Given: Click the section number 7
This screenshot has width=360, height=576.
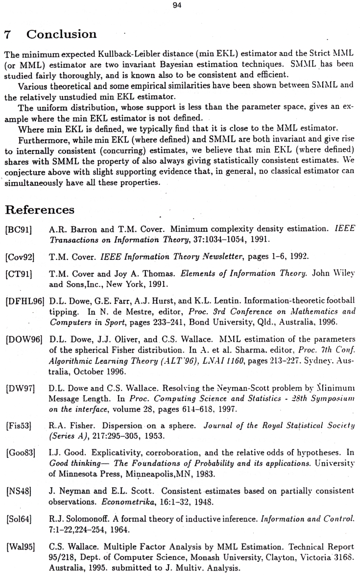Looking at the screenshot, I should coord(7,35).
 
